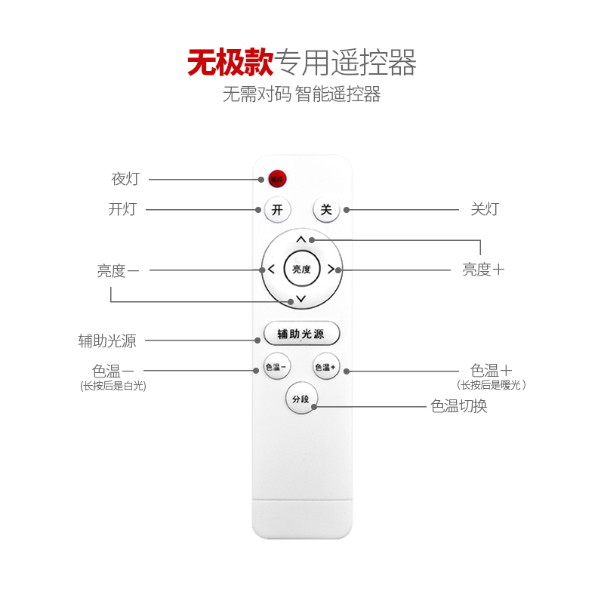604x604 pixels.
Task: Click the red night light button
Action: click(276, 179)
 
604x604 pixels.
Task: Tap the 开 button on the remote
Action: click(277, 210)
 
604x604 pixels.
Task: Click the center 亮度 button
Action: click(301, 269)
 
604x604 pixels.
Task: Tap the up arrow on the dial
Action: click(301, 239)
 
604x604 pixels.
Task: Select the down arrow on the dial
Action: click(301, 300)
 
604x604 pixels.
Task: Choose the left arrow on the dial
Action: click(270, 270)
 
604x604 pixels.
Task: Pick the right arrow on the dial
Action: click(331, 270)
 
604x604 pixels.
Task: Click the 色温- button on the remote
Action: click(276, 367)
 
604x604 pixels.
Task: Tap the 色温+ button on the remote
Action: click(326, 367)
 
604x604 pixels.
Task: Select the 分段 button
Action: click(301, 399)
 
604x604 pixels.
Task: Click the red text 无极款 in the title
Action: click(230, 63)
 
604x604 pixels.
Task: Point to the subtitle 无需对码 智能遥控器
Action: click(301, 95)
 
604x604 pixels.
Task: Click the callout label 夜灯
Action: click(125, 179)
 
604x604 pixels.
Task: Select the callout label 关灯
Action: click(485, 209)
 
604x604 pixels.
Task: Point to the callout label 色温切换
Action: click(458, 406)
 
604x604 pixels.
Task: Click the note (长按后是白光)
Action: click(113, 386)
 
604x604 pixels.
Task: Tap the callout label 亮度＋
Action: click(483, 270)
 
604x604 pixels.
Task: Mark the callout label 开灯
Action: click(122, 209)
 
